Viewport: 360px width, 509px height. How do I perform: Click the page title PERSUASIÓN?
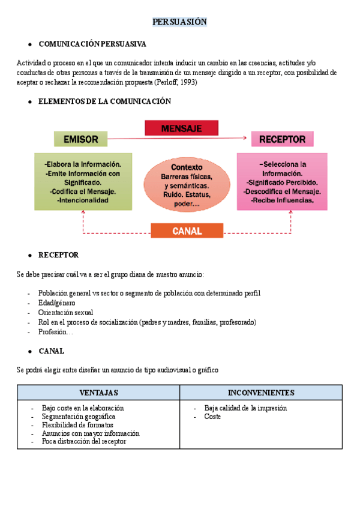179,22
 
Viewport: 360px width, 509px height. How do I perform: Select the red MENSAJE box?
181,128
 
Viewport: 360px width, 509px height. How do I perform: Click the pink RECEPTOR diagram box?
282,139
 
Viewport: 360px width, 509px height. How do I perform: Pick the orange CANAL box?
187,230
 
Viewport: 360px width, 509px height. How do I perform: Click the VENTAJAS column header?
98,393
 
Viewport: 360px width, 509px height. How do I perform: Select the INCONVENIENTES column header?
261,393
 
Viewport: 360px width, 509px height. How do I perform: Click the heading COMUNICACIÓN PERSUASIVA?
92,44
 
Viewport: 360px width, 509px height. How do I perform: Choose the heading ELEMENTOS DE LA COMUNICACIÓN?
104,101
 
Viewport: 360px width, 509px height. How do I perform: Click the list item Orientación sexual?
65,312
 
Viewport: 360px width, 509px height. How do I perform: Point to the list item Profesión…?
55,331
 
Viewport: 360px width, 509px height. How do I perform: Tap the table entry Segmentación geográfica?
79,416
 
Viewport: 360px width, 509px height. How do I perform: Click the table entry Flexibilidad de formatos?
77,424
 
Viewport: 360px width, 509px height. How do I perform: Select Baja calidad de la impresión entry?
245,408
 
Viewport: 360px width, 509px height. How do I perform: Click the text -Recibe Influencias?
282,200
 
